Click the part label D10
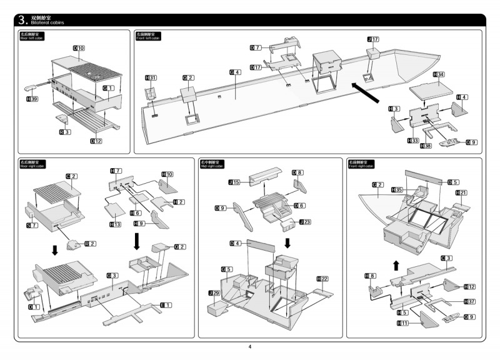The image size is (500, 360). tap(79, 48)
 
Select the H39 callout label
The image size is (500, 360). tap(31, 99)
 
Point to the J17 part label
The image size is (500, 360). tap(373, 39)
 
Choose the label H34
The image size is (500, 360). tap(439, 74)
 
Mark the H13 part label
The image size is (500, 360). tap(115, 224)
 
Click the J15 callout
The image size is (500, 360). tap(234, 182)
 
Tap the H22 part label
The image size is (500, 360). tap(323, 278)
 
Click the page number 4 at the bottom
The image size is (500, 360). tap(250, 347)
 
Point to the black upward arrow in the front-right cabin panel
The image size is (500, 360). tap(395, 265)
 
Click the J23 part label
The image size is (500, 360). tap(306, 222)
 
